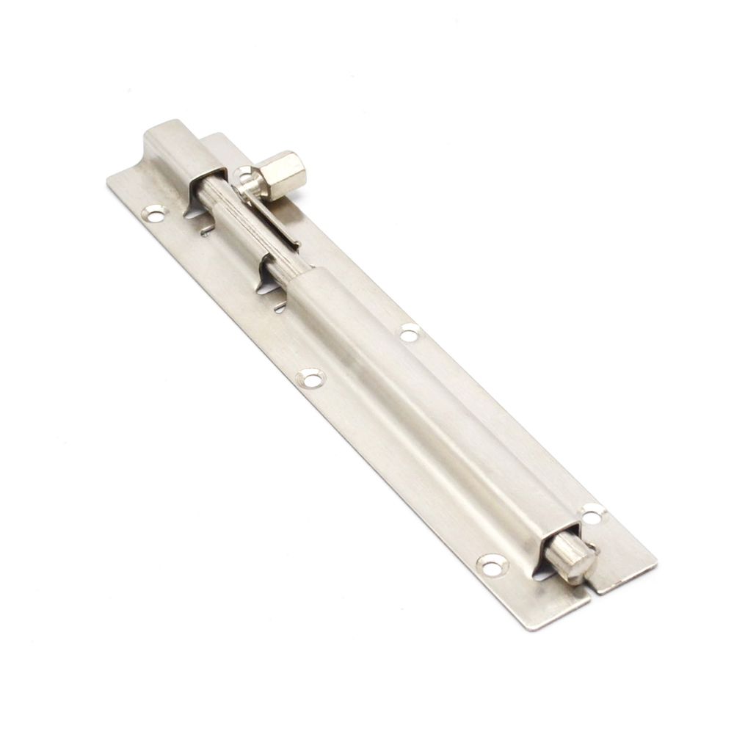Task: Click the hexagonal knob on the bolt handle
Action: [283, 175]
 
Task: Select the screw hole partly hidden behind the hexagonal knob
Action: [243, 174]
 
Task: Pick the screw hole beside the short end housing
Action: [154, 214]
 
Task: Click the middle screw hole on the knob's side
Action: [410, 333]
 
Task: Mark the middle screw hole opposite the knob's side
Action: [310, 379]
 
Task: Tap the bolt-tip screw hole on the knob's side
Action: [592, 513]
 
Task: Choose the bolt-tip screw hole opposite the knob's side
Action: [491, 564]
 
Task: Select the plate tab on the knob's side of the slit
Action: [624, 565]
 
